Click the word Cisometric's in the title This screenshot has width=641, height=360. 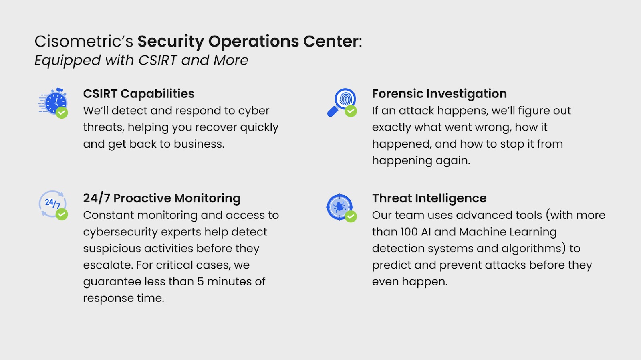click(x=84, y=41)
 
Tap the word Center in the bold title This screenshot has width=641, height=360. click(x=331, y=41)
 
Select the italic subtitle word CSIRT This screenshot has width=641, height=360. click(x=157, y=60)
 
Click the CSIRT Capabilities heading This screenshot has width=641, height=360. click(x=139, y=94)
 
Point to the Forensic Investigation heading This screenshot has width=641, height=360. click(x=439, y=94)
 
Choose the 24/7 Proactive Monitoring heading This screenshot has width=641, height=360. click(x=162, y=198)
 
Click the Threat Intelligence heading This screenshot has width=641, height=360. click(x=429, y=198)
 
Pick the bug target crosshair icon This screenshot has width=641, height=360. click(x=339, y=207)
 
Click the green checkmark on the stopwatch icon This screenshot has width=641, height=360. click(x=62, y=113)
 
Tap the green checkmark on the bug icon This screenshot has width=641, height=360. click(x=351, y=217)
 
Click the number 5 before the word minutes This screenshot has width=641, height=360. click(x=200, y=282)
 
